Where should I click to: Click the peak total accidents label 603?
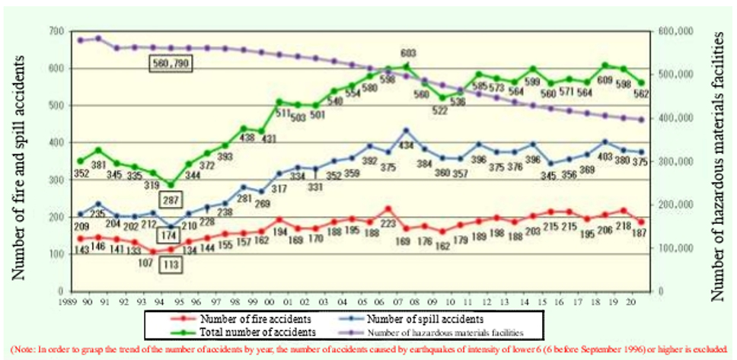pos(408,53)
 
